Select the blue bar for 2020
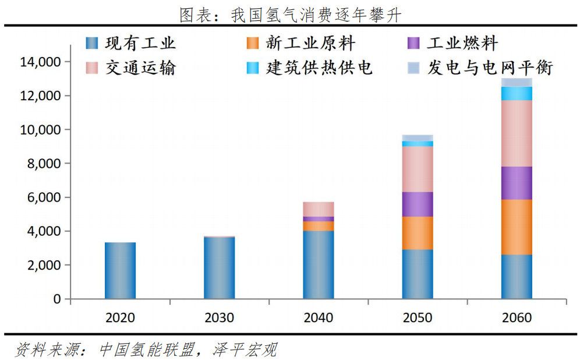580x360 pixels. [x=120, y=270]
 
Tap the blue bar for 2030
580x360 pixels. [x=219, y=267]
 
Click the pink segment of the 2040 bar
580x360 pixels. [x=319, y=209]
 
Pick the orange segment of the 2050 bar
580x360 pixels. [x=418, y=233]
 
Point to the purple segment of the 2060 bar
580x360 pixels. [x=517, y=183]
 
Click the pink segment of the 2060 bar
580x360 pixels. [x=517, y=133]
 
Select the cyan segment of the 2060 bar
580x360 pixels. [x=517, y=93]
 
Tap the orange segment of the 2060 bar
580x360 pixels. [x=517, y=227]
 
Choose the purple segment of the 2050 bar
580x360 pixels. [x=418, y=204]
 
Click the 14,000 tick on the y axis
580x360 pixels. [x=41, y=62]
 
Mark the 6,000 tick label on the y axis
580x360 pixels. [x=43, y=197]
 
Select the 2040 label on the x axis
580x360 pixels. [x=319, y=317]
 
